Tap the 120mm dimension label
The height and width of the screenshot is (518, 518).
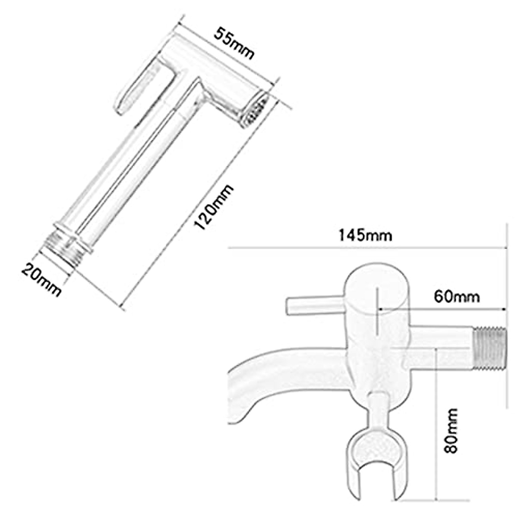pyautogui.click(x=214, y=207)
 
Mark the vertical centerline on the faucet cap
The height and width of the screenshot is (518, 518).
pyautogui.click(x=378, y=311)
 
